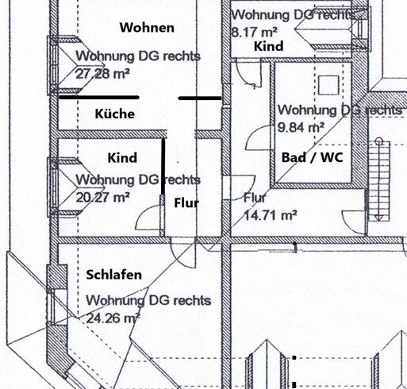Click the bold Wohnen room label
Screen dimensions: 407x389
tap(147, 28)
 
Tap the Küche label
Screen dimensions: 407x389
tap(115, 114)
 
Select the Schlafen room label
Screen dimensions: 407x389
tap(114, 275)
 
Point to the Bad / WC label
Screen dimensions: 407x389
tap(313, 157)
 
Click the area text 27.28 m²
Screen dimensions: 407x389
tap(102, 74)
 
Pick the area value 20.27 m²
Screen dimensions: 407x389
tap(102, 197)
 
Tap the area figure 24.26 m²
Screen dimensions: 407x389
tap(113, 318)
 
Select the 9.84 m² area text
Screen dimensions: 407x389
tap(301, 128)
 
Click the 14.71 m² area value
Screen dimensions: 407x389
tap(270, 215)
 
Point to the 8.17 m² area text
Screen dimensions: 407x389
tap(255, 32)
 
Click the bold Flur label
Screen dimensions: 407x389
tap(186, 203)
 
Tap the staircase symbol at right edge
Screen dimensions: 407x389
tap(379, 180)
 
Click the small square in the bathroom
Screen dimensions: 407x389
tap(328, 85)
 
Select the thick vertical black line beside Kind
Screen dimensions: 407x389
tap(163, 167)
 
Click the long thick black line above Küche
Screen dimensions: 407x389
tap(99, 98)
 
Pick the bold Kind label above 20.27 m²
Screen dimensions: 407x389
tap(122, 158)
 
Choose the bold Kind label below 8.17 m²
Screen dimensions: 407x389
tap(269, 46)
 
